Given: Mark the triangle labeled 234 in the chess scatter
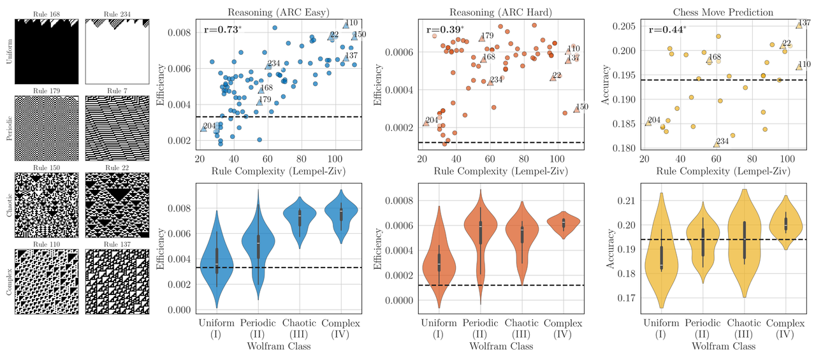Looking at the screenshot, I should (x=717, y=145).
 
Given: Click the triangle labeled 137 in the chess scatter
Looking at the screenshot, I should (x=799, y=25).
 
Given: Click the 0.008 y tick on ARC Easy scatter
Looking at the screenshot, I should (x=181, y=32).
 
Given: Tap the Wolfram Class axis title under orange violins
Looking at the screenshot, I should (x=501, y=346).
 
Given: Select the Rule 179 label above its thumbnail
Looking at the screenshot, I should (x=47, y=91).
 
